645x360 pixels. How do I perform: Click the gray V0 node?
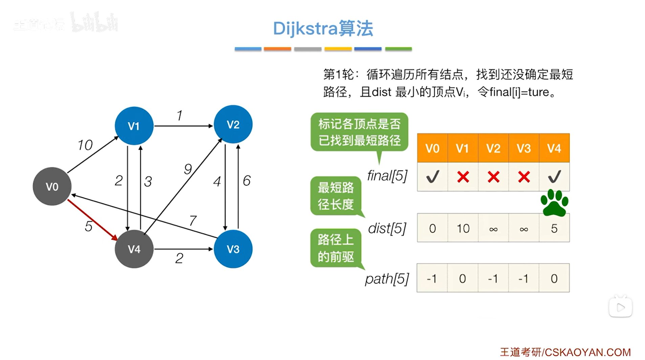[x=52, y=186]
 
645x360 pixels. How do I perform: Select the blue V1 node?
[x=134, y=126]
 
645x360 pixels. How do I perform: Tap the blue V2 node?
[x=233, y=124]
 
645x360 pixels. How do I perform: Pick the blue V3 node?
[x=233, y=249]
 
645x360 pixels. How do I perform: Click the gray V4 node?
[x=134, y=249]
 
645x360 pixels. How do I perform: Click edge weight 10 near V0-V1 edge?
[x=85, y=145]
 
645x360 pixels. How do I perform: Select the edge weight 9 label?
[x=188, y=169]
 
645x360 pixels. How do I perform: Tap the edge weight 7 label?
[x=193, y=220]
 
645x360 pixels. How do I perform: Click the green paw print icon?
[x=554, y=203]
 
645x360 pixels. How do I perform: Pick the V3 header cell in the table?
[x=523, y=148]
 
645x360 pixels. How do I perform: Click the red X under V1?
[x=463, y=177]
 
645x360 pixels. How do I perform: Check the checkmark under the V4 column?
[x=554, y=176]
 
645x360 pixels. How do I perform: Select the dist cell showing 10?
[x=463, y=228]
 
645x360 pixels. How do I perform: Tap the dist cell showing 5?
[x=554, y=228]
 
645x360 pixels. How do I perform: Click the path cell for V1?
[x=463, y=278]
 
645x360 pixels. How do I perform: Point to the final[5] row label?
[x=387, y=175]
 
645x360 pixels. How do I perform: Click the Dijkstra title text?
[x=323, y=28]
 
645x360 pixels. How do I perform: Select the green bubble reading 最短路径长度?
[x=336, y=196]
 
